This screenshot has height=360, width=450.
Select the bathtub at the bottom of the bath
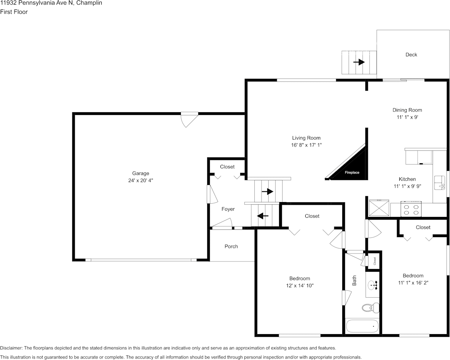click(x=362, y=326)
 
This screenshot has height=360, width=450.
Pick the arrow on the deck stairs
click(x=359, y=62)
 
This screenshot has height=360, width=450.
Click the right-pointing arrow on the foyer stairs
click(x=268, y=191)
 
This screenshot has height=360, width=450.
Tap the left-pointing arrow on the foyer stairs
click(x=263, y=215)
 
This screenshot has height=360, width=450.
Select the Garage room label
click(x=140, y=173)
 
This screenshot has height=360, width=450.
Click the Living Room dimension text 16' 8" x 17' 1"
click(x=306, y=145)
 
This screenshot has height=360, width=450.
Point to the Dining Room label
click(x=407, y=110)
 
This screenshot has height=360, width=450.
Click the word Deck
click(x=411, y=54)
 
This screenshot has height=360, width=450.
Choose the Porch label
click(x=231, y=247)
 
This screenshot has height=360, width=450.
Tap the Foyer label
click(x=228, y=209)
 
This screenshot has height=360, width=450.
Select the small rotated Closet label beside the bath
click(x=375, y=261)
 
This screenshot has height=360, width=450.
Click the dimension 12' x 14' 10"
click(x=300, y=286)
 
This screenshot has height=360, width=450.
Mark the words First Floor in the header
click(x=14, y=12)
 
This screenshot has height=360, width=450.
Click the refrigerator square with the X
click(x=379, y=208)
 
